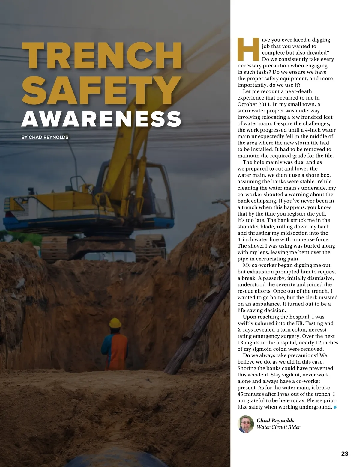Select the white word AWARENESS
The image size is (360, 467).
pyautogui.click(x=102, y=119)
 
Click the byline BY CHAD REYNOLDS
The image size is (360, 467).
pyautogui.click(x=45, y=137)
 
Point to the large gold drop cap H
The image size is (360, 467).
pyautogui.click(x=248, y=49)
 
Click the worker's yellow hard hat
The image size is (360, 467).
pyautogui.click(x=115, y=323)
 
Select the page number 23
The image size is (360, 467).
pyautogui.click(x=345, y=454)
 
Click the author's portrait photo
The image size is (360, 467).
pyautogui.click(x=246, y=424)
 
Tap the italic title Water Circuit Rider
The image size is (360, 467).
pyautogui.click(x=278, y=427)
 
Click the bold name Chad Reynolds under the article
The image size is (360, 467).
pyautogui.click(x=275, y=421)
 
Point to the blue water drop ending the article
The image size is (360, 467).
pyautogui.click(x=335, y=407)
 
